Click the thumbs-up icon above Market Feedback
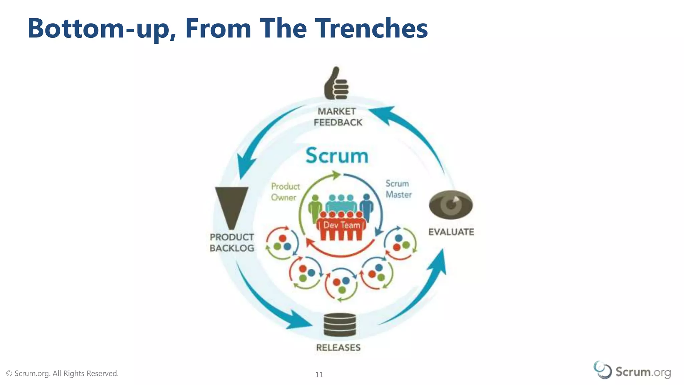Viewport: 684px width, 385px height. pyautogui.click(x=336, y=84)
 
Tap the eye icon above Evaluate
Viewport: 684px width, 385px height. pyautogui.click(x=451, y=204)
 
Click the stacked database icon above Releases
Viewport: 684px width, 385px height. pyautogui.click(x=340, y=325)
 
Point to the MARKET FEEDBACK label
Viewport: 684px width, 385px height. pyautogui.click(x=338, y=117)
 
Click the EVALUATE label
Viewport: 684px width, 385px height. pyautogui.click(x=451, y=232)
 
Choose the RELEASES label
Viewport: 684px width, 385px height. pyautogui.click(x=338, y=348)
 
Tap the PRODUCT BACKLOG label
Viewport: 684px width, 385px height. pyautogui.click(x=232, y=243)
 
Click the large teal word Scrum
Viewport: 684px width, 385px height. pyautogui.click(x=337, y=156)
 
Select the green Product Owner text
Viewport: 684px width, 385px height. pyautogui.click(x=285, y=192)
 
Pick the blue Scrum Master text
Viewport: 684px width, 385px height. pyautogui.click(x=398, y=189)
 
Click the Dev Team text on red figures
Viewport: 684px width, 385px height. pyautogui.click(x=342, y=225)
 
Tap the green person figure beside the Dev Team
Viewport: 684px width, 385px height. pyautogui.click(x=315, y=208)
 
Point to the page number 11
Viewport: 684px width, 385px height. pyautogui.click(x=319, y=375)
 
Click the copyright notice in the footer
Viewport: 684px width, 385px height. pyautogui.click(x=62, y=373)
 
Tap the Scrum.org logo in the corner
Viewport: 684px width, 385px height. pyautogui.click(x=632, y=371)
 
